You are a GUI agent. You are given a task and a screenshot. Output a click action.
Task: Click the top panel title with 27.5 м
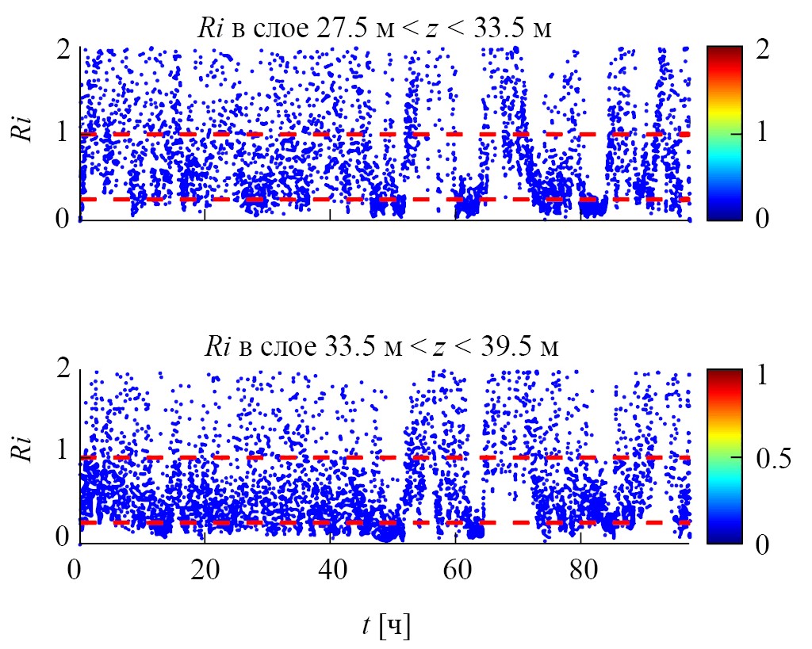point(373,29)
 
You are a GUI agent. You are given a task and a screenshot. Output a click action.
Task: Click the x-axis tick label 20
point(205,571)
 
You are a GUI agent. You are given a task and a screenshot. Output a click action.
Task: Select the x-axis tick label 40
point(330,571)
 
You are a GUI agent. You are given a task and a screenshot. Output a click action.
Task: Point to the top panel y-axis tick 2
point(63,49)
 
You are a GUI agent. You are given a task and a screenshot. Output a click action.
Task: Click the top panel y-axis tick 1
point(63,133)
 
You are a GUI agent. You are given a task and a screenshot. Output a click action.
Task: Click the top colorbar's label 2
point(762,49)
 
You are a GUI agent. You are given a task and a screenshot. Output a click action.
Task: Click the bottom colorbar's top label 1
point(762,375)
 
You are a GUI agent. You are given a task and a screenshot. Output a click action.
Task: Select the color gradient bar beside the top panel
point(724,132)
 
